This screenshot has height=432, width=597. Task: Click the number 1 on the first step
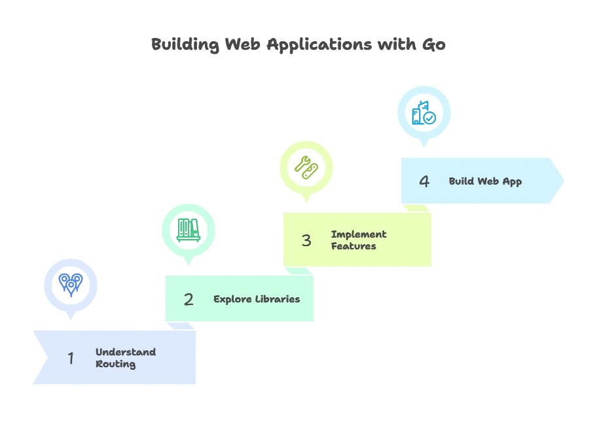coord(71,358)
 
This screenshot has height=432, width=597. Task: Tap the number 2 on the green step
coord(189,300)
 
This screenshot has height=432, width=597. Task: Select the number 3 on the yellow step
coord(306,240)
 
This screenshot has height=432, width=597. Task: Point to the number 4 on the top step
coord(424,181)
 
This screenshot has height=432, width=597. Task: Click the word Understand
coord(126,352)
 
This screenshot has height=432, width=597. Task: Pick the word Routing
coord(116,364)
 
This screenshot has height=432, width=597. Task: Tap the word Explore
coord(232,299)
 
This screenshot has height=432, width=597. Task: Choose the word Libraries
coord(277,299)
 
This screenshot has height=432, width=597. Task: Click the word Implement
coord(359,234)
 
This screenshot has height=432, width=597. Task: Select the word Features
coord(353,246)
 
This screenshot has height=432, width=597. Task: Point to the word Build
coord(461,181)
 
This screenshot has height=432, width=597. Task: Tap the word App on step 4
coord(512,181)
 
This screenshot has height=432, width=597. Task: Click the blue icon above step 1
coord(70,284)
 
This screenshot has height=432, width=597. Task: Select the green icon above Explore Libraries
coord(189,228)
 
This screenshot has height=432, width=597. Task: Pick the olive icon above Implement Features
coord(306,168)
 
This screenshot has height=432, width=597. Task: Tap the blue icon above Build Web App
coord(424,113)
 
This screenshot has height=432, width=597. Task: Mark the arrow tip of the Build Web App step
coord(564,181)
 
